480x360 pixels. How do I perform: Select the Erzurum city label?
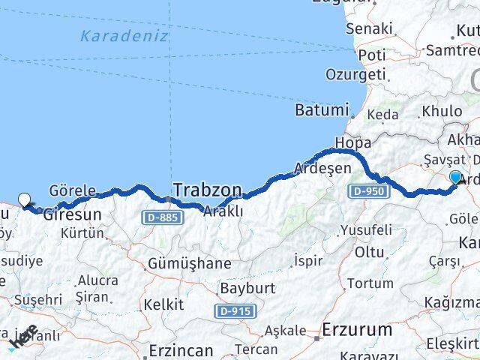[356, 329]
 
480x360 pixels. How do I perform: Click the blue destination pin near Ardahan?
[456, 178]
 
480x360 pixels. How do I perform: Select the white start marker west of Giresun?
[25, 199]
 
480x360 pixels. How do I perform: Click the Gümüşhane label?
[189, 263]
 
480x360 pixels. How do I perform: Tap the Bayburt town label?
[247, 288]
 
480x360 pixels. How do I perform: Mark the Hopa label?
[353, 142]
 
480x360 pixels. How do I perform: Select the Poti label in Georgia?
[372, 55]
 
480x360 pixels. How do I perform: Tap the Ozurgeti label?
[355, 75]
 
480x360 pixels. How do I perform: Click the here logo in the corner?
[22, 340]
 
